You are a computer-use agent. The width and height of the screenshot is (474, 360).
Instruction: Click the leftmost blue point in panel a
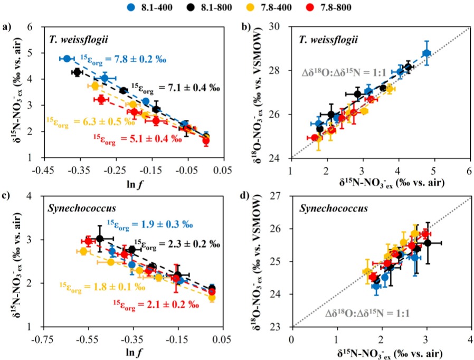[67, 59]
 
